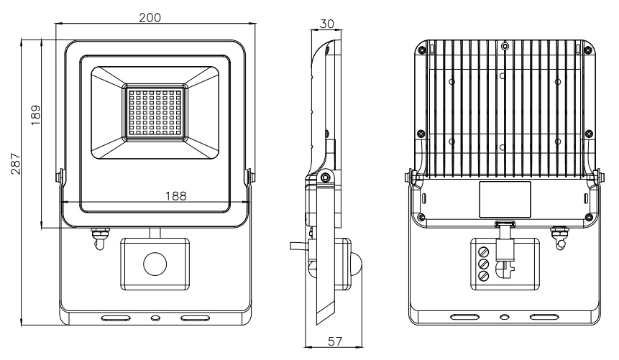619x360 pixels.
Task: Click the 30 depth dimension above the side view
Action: [326, 23]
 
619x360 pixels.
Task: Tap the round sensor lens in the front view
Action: [155, 264]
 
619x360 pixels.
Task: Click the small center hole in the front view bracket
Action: [154, 317]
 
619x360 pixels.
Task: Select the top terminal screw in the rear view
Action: [483, 252]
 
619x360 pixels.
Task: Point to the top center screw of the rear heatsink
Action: [505, 47]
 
